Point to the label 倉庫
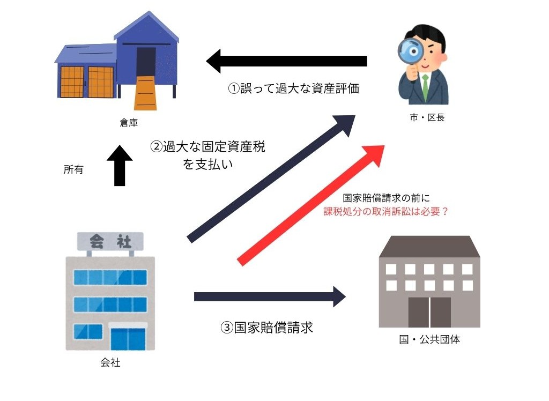click(x=129, y=123)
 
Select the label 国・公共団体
click(x=429, y=339)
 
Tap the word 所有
click(x=73, y=170)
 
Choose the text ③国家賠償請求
click(x=266, y=327)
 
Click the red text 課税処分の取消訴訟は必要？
click(x=386, y=211)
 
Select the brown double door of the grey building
click(x=429, y=311)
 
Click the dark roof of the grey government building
click(x=429, y=246)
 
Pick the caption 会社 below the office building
click(x=110, y=363)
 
